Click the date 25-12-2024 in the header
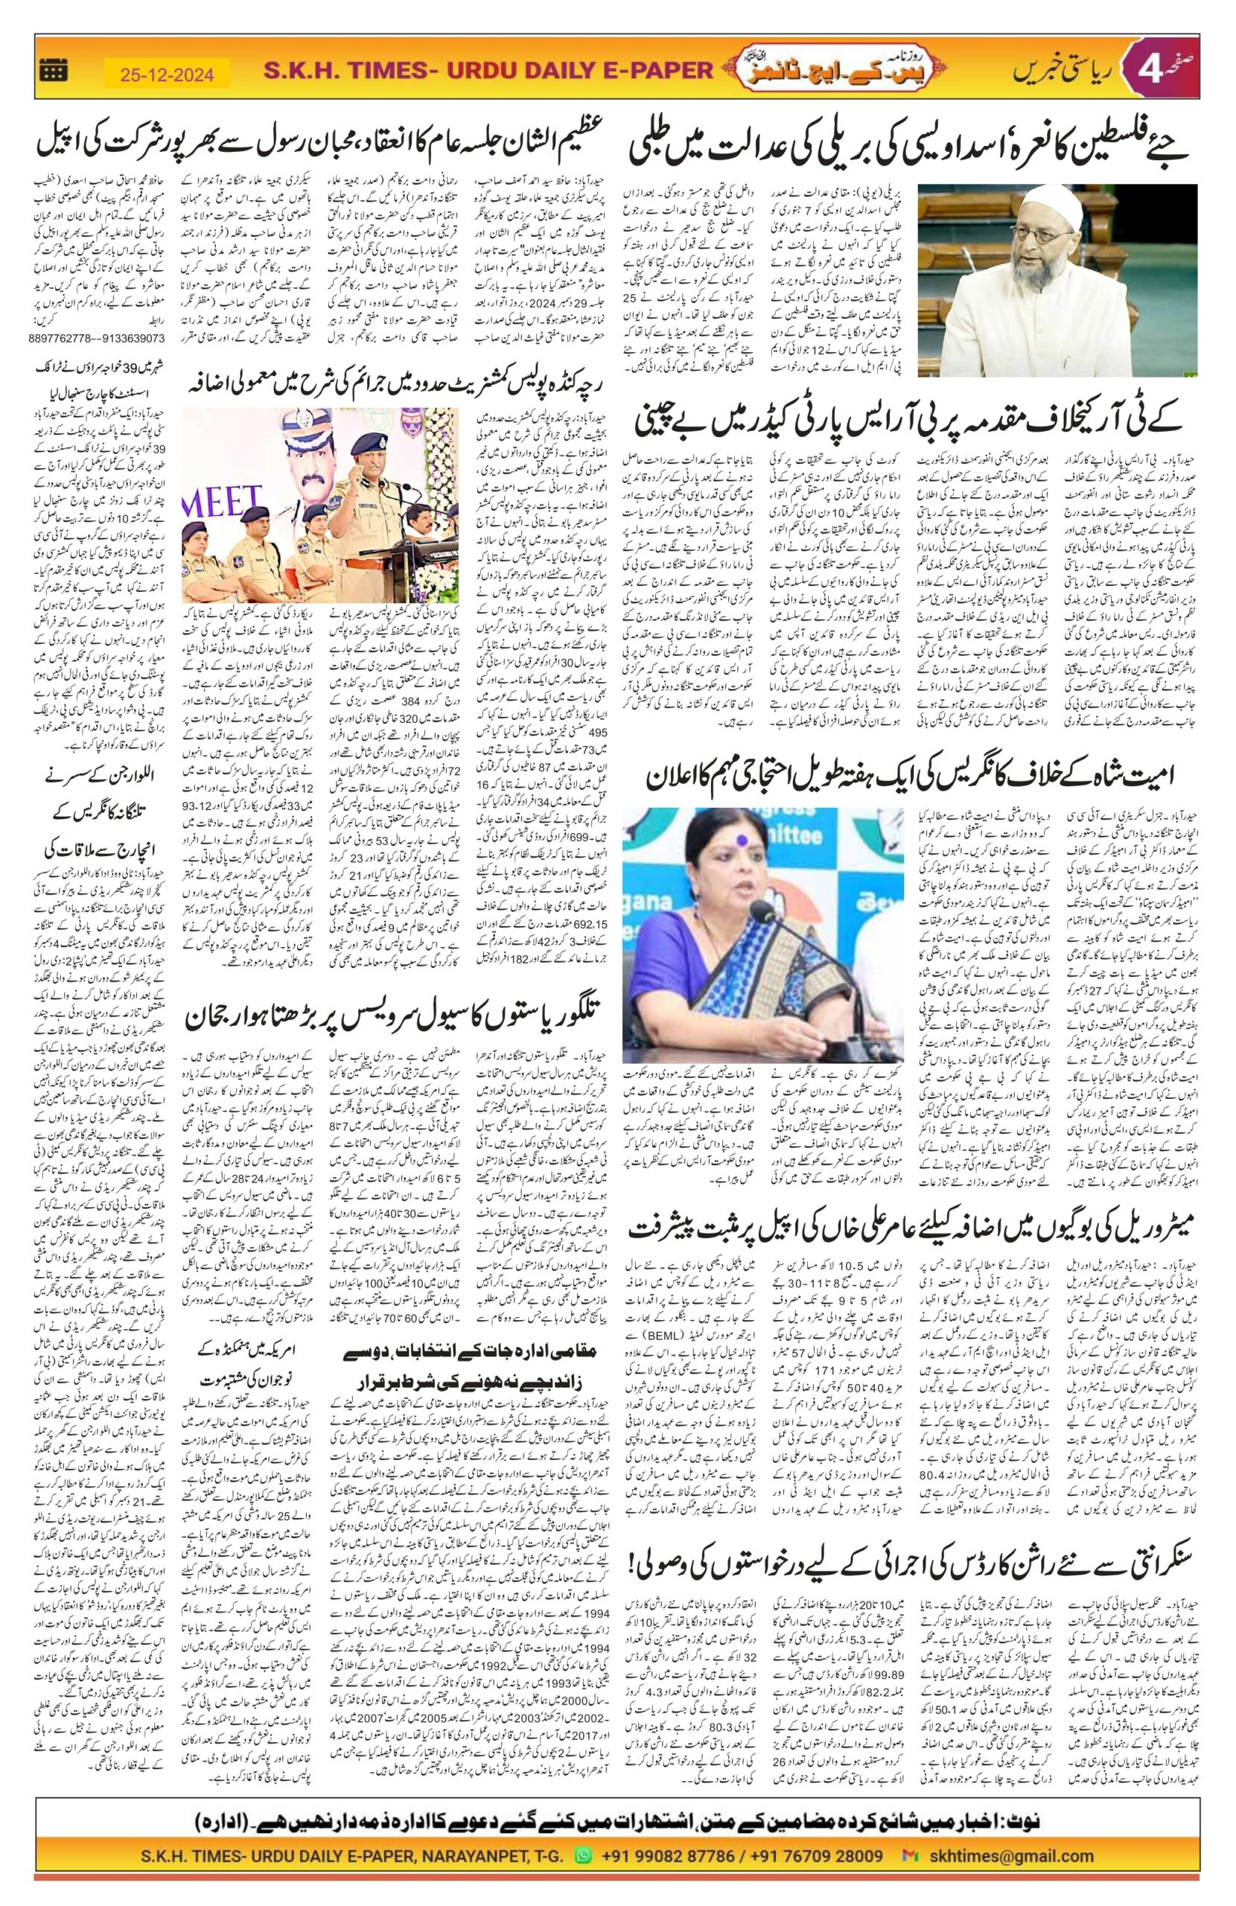click(x=168, y=75)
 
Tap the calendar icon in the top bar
click(x=54, y=72)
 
